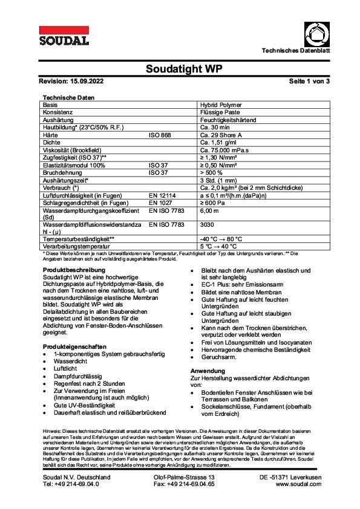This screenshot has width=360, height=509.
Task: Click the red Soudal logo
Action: point(64,36)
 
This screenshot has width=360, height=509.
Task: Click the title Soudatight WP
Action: point(180,69)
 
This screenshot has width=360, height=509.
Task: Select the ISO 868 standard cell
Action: point(160,136)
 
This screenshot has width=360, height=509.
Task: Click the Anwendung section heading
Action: point(208,369)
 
